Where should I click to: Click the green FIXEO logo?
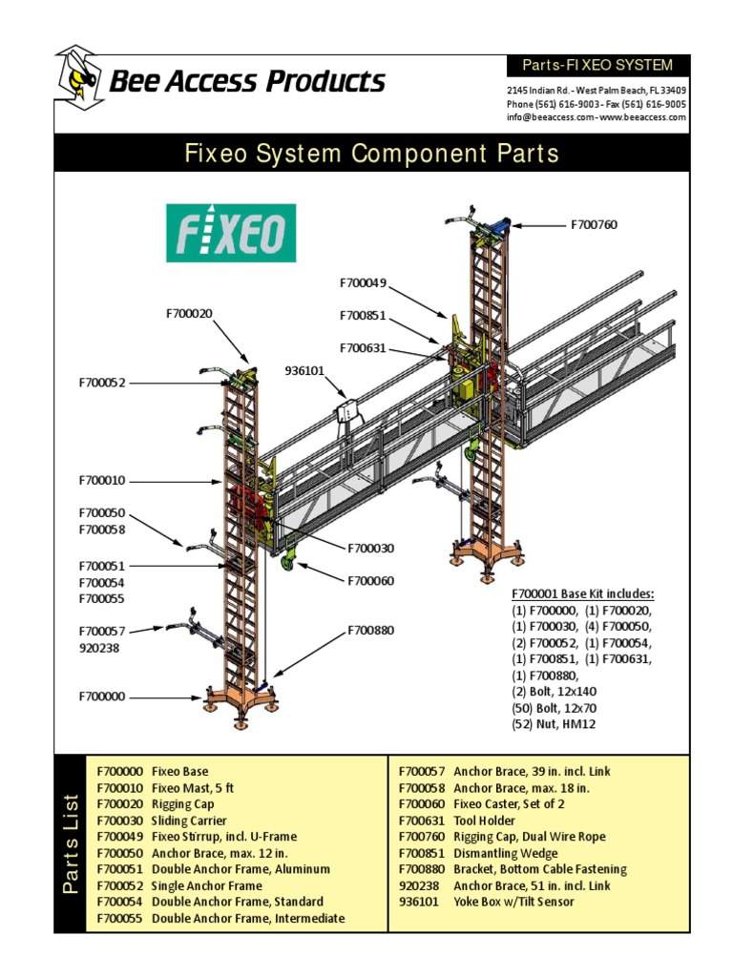coord(231,232)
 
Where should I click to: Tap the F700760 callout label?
coord(594,225)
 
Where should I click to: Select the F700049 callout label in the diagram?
coord(363,282)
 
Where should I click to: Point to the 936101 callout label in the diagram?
coord(304,370)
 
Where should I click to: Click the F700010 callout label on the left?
coord(102,480)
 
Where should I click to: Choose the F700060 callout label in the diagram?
coord(370,580)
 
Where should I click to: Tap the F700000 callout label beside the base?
coord(102,696)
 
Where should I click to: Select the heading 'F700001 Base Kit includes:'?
coord(583,592)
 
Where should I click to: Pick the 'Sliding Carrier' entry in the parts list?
coord(189,821)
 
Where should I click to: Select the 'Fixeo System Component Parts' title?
coord(371,153)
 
